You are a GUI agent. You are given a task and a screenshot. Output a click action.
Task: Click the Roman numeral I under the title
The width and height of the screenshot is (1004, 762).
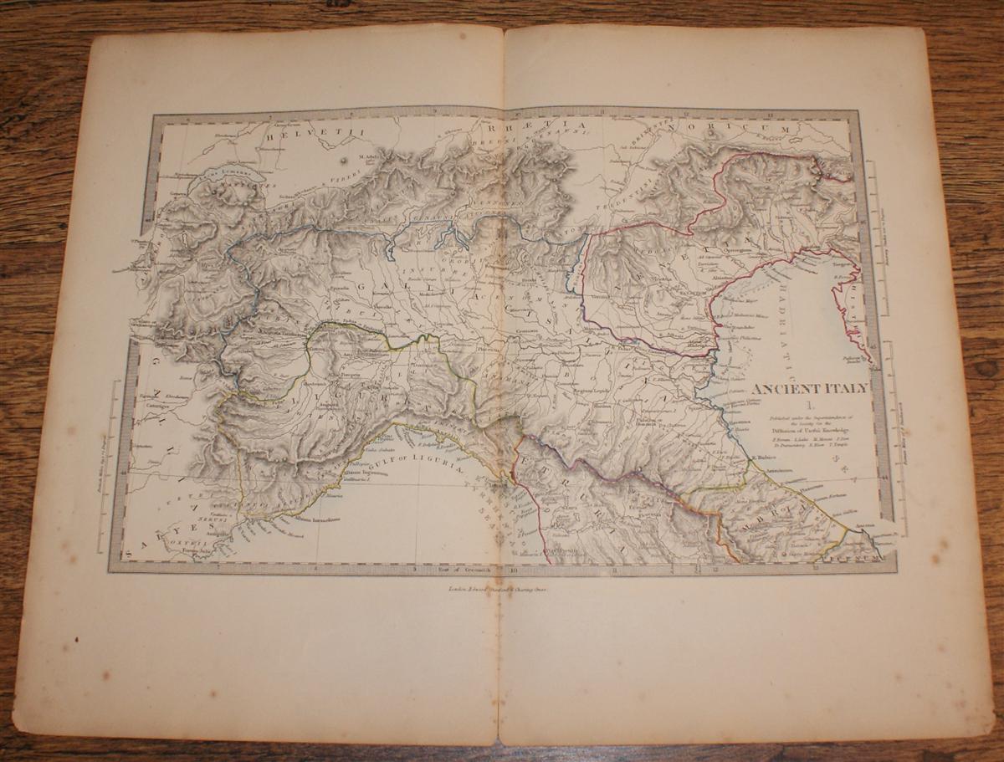[x=807, y=406]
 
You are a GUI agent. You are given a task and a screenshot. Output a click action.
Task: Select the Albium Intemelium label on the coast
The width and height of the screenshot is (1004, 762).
[x=315, y=519]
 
